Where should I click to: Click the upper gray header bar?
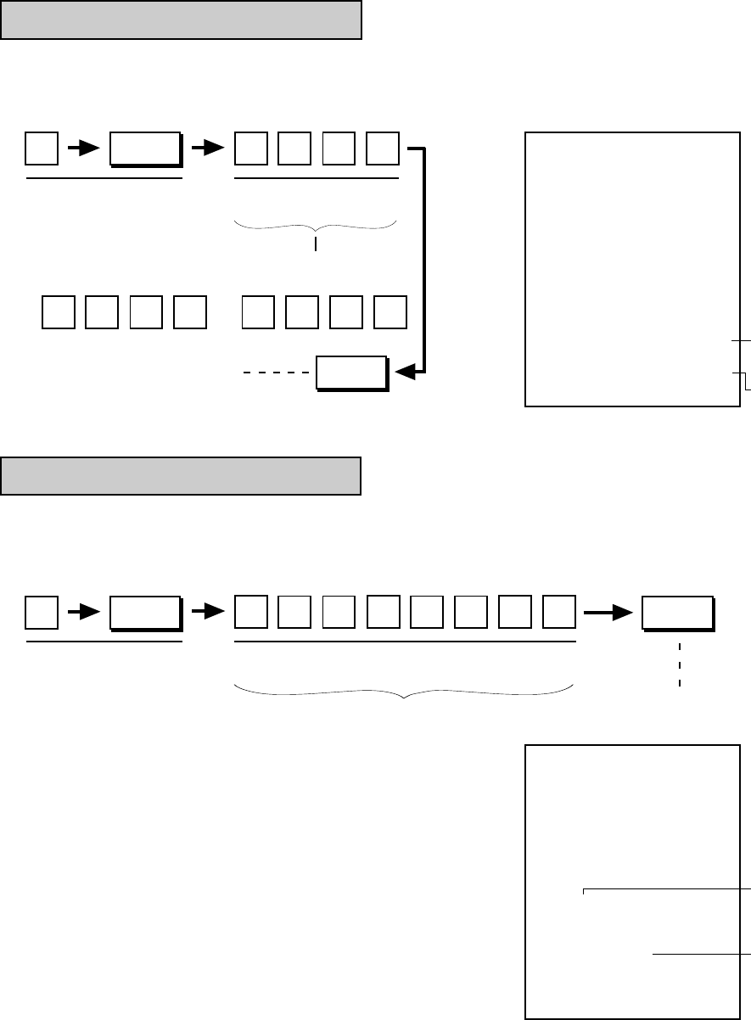tap(181, 20)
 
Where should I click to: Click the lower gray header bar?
tap(181, 475)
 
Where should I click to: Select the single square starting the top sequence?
tap(42, 149)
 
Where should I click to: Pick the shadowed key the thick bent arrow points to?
tap(350, 373)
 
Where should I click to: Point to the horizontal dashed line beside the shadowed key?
tap(276, 373)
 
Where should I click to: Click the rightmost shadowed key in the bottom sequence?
tap(677, 614)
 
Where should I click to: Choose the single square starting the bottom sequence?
tap(42, 613)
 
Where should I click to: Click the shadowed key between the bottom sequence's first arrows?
tap(145, 613)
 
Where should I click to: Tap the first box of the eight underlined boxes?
tap(250, 613)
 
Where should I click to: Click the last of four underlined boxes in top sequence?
tap(383, 149)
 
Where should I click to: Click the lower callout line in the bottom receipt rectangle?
tap(700, 955)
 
